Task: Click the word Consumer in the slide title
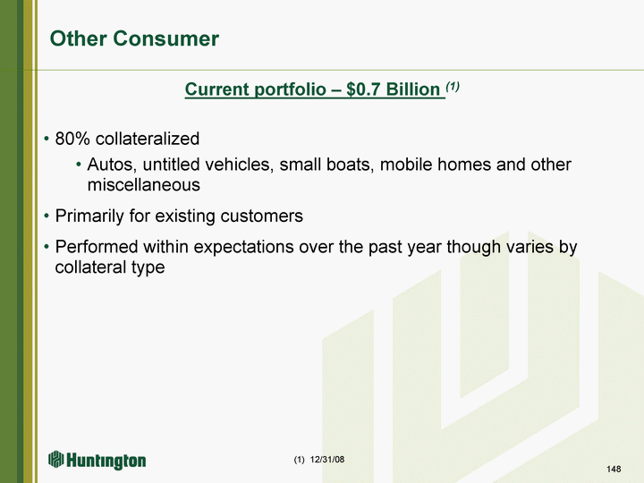coord(166,38)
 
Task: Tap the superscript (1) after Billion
coord(453,86)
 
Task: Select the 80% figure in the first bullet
coord(72,139)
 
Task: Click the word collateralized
coord(148,139)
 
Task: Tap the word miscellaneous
coord(144,185)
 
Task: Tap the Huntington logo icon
coord(56,459)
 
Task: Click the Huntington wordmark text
coord(106,461)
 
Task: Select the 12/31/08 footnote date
coord(327,459)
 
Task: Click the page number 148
coord(614,469)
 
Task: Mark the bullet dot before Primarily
coord(47,216)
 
